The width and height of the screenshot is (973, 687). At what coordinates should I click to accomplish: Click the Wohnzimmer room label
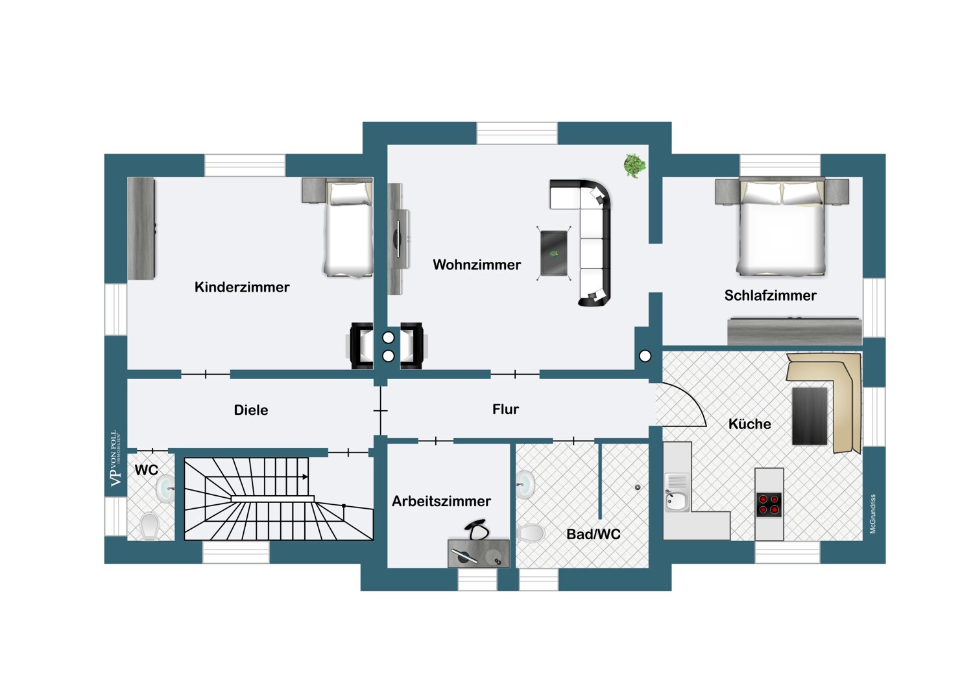(477, 264)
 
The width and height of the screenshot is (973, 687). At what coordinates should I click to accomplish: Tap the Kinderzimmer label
(242, 287)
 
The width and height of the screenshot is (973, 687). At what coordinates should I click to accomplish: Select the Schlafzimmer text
(770, 296)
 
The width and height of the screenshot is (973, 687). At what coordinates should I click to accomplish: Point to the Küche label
(750, 424)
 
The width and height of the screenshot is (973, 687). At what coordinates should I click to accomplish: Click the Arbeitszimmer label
(441, 501)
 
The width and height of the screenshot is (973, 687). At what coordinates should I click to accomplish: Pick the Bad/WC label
(594, 534)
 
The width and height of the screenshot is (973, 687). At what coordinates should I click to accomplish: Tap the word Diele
(250, 410)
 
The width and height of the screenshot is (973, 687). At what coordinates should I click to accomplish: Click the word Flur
(505, 409)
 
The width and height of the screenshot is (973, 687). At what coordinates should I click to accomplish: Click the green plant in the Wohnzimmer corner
(634, 165)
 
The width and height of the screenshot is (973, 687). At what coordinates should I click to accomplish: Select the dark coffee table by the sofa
(554, 253)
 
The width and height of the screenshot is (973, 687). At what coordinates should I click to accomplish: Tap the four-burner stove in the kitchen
(769, 505)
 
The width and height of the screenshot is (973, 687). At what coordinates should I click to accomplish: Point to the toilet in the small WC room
(150, 526)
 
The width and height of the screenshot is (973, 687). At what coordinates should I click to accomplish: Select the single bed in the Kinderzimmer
(348, 228)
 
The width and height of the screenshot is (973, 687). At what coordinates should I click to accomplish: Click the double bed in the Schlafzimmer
(782, 227)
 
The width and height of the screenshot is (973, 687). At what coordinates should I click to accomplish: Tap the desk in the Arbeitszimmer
(478, 553)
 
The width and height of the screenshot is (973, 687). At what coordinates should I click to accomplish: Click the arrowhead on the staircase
(306, 476)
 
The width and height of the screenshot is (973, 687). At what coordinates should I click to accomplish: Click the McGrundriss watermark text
(872, 513)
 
